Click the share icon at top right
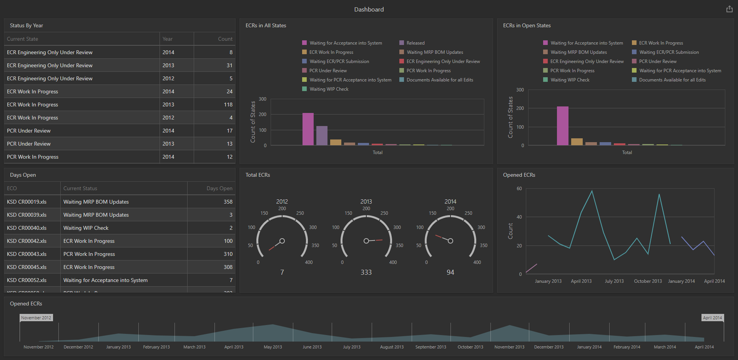pyautogui.click(x=729, y=9)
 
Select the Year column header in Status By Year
pyautogui.click(x=168, y=39)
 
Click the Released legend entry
pyautogui.click(x=415, y=43)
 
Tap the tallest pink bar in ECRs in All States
pyautogui.click(x=308, y=129)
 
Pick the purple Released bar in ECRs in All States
pyautogui.click(x=322, y=136)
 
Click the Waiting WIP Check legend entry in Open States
pyautogui.click(x=570, y=80)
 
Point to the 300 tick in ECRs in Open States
pyautogui.click(x=520, y=90)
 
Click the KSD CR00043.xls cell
pyautogui.click(x=27, y=254)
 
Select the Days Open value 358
pyautogui.click(x=228, y=202)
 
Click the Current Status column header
pyautogui.click(x=80, y=188)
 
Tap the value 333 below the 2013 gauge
pyautogui.click(x=366, y=272)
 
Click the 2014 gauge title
pyautogui.click(x=450, y=201)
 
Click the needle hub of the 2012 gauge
pyautogui.click(x=282, y=241)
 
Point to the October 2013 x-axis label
pyautogui.click(x=648, y=281)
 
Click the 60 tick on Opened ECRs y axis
pyautogui.click(x=519, y=189)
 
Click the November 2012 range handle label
pyautogui.click(x=36, y=318)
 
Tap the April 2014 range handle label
pyautogui.click(x=712, y=318)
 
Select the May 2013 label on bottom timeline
pyautogui.click(x=273, y=347)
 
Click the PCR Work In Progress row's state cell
pyautogui.click(x=33, y=157)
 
